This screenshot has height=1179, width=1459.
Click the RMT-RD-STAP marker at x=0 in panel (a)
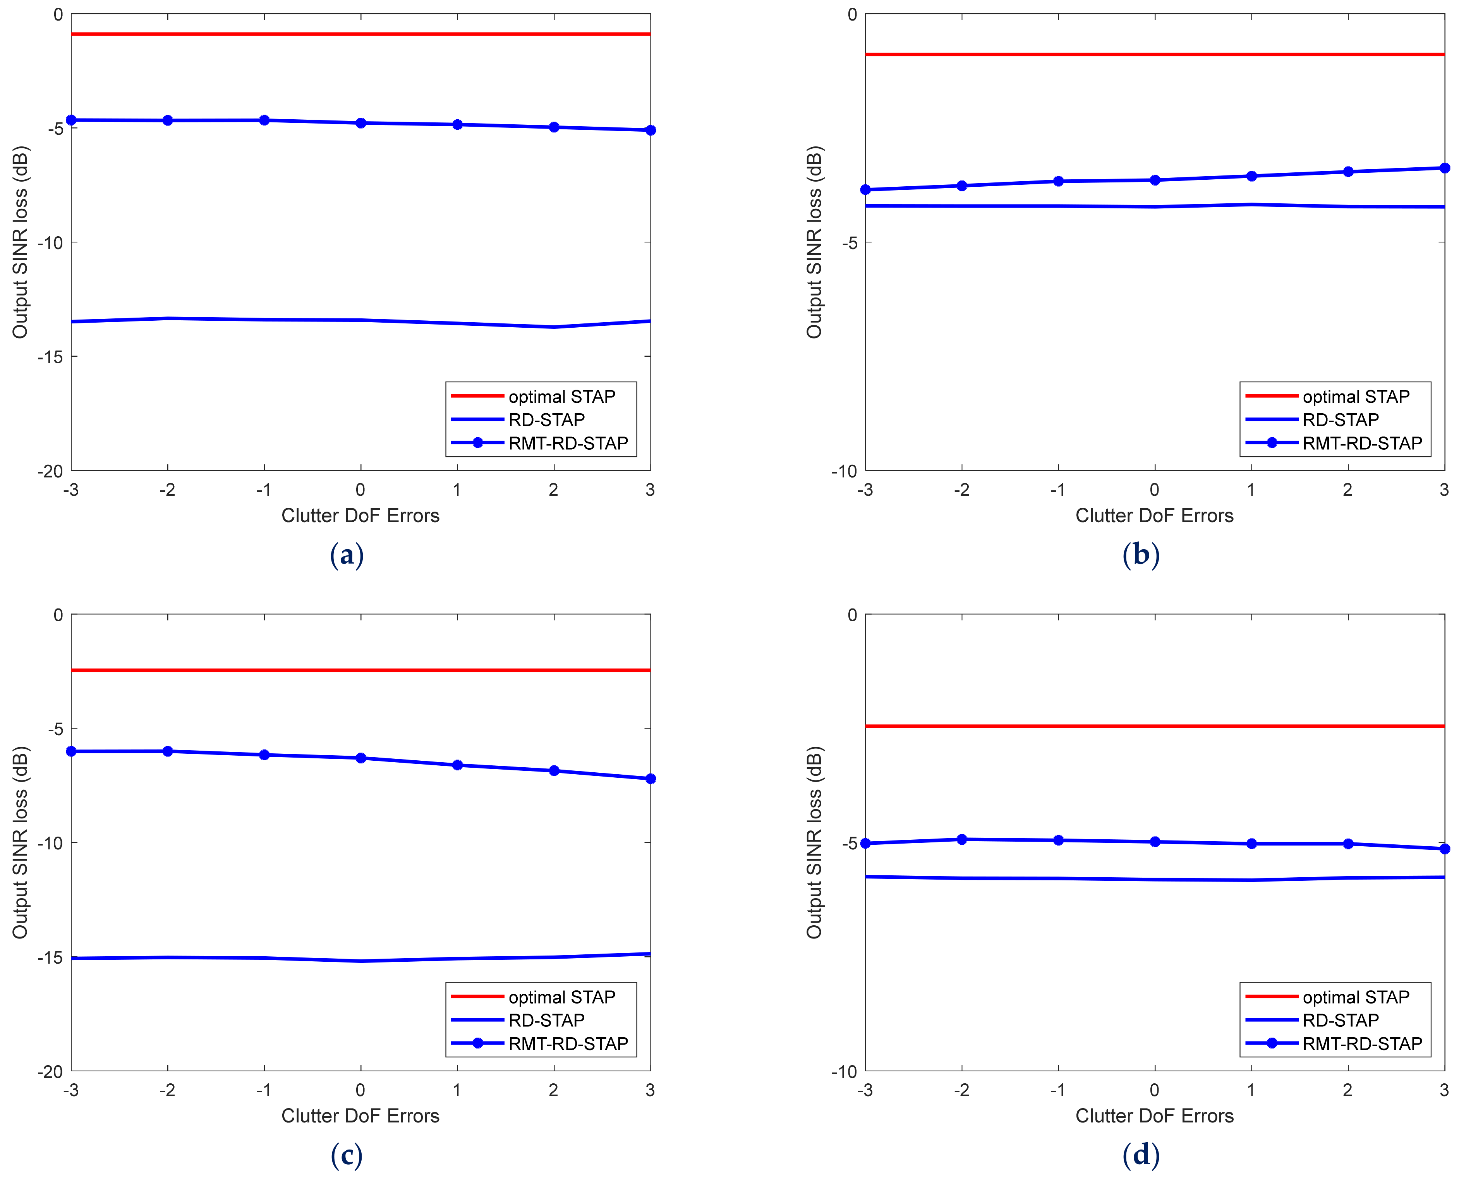tap(360, 123)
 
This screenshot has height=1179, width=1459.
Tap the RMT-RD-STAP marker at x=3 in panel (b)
tap(1444, 168)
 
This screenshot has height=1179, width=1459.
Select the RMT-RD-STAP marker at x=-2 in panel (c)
tap(168, 751)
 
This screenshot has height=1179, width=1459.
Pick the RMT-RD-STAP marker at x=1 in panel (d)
tap(1251, 844)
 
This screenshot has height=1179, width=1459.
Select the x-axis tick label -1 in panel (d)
tap(1057, 1090)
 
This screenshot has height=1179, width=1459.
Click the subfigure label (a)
tap(346, 555)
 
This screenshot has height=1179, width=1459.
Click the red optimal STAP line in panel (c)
tap(360, 670)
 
